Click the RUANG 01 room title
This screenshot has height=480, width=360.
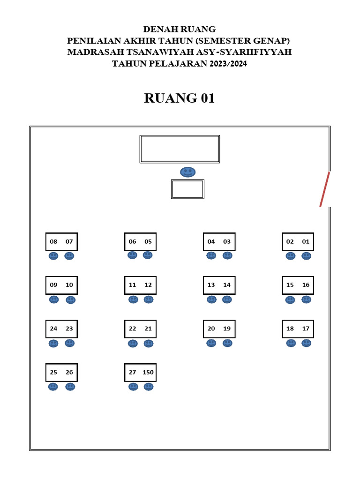[180, 98]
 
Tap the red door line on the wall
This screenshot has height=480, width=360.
[325, 189]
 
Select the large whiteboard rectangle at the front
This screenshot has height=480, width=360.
[180, 149]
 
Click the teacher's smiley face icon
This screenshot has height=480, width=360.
[187, 172]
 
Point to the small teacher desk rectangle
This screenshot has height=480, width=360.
[187, 189]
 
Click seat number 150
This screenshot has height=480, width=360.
[148, 372]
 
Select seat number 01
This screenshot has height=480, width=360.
[306, 242]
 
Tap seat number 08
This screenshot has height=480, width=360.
[53, 242]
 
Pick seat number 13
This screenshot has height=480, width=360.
[211, 285]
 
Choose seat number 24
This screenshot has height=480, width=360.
[53, 329]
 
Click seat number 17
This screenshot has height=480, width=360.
[306, 329]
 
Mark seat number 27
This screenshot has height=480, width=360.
[133, 372]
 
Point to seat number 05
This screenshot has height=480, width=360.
[148, 242]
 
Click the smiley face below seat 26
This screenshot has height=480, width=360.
[70, 387]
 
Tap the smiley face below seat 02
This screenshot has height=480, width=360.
[291, 256]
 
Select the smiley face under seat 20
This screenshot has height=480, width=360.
[211, 343]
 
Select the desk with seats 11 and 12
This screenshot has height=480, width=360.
[140, 285]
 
